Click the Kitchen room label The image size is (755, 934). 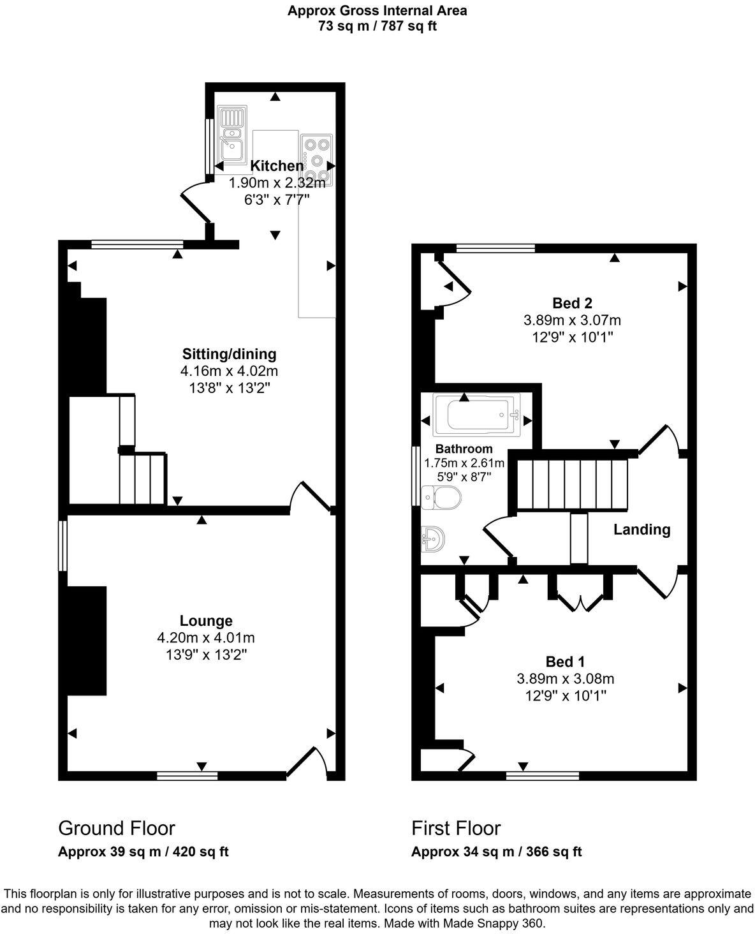tap(277, 166)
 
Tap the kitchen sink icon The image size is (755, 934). tap(231, 135)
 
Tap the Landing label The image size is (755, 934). tap(641, 530)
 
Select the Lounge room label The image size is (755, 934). tap(206, 621)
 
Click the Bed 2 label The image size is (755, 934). tap(568, 303)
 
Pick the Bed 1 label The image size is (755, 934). tap(565, 662)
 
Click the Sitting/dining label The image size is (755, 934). tap(230, 353)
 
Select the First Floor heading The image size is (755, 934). tap(456, 828)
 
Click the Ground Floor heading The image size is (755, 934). tap(117, 828)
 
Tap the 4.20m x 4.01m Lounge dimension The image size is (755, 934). tap(206, 637)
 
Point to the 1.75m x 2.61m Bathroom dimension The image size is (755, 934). tap(464, 463)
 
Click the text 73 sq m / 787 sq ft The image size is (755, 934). tap(377, 26)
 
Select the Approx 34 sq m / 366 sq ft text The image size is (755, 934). tap(496, 852)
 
